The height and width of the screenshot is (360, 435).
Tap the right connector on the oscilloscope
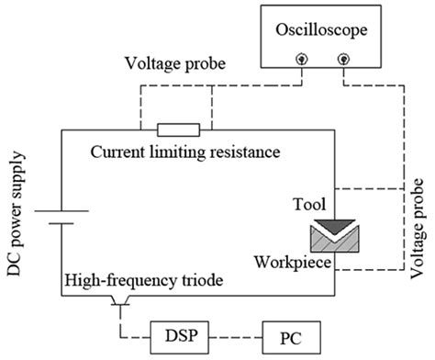pyautogui.click(x=344, y=58)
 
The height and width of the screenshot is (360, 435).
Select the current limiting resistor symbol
pyautogui.click(x=178, y=129)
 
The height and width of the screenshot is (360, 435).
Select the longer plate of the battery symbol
pyautogui.click(x=61, y=210)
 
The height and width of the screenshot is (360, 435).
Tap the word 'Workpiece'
pyautogui.click(x=296, y=263)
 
